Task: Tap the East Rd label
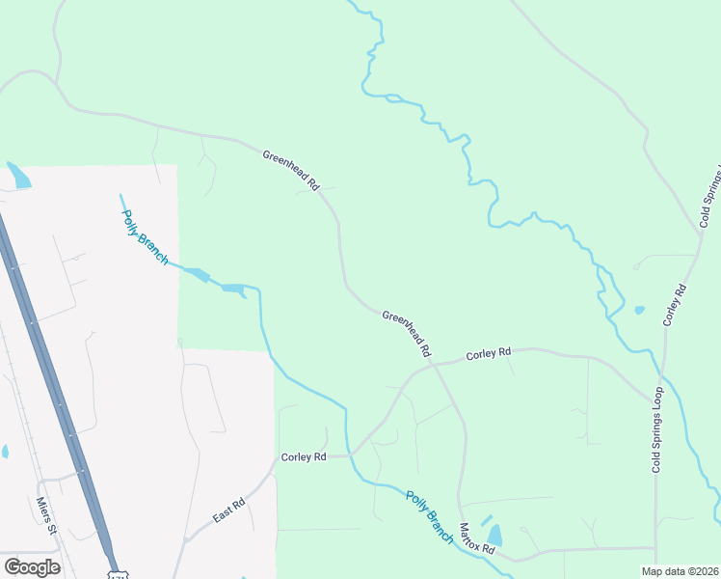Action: pos(229,510)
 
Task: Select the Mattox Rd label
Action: pos(476,538)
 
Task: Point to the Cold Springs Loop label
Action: pos(657,429)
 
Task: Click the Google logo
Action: pos(32,566)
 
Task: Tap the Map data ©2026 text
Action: pos(680,571)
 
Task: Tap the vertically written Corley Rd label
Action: pos(674,304)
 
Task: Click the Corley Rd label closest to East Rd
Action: pos(304,456)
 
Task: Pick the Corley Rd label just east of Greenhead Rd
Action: pos(488,354)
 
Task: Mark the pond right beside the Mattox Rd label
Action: pos(494,535)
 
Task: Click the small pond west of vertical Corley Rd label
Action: pos(639,311)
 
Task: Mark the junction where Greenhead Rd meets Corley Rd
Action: pos(435,365)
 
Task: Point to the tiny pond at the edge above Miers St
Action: pos(4,451)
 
